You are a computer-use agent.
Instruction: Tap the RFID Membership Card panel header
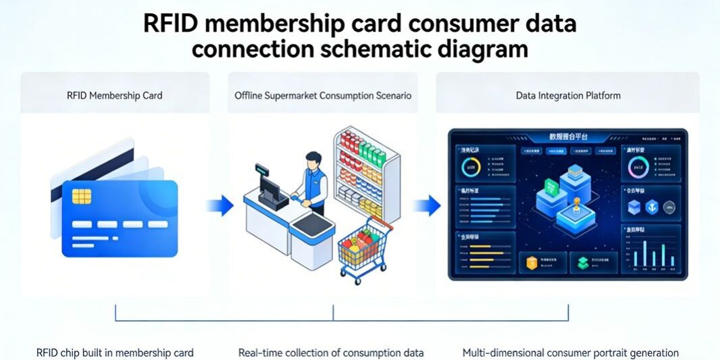click(115, 95)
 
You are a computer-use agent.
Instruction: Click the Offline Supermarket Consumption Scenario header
click(323, 95)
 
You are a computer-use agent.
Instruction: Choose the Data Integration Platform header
click(568, 95)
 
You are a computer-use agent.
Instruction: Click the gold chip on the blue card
click(82, 196)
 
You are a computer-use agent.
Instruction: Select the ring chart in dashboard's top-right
click(638, 167)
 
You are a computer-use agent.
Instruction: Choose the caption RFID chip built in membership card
click(115, 353)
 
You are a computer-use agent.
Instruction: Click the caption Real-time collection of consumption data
click(331, 353)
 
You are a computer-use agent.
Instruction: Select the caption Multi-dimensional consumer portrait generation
click(571, 353)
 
